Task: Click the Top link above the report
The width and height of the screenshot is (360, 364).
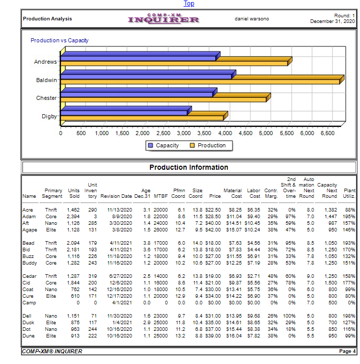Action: click(189, 4)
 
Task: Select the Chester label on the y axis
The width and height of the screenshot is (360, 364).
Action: click(46, 98)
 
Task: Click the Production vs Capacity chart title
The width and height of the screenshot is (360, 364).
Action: click(60, 40)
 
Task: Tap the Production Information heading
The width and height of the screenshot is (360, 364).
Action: click(189, 167)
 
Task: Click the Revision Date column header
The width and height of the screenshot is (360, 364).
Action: click(116, 196)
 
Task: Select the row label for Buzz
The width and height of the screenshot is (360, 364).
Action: click(29, 256)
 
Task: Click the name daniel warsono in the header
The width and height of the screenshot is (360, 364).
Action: click(251, 19)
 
